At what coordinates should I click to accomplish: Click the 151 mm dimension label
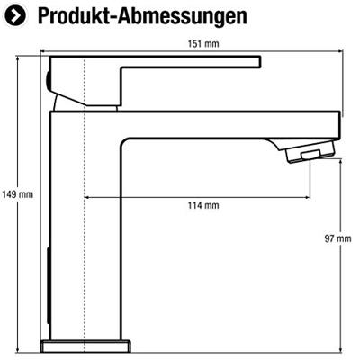coord(203,44)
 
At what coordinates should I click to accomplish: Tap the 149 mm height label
coord(18,194)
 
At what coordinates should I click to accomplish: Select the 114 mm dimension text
coord(203,205)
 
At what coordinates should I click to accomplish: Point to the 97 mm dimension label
coord(337,238)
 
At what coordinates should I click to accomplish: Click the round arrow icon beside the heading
coord(15,15)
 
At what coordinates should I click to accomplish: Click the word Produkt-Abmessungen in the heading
coord(142,16)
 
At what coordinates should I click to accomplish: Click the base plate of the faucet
coord(85,346)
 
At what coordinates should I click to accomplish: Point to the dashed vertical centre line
coord(85,204)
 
